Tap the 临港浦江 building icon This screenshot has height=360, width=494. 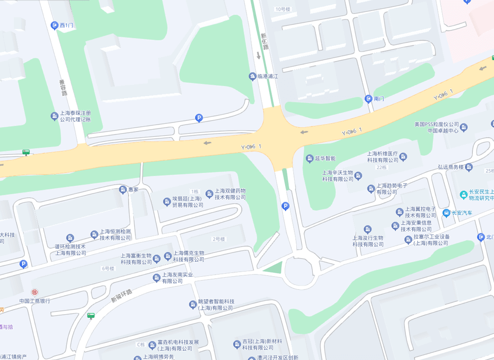(252, 77)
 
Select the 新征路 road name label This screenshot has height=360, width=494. (264, 42)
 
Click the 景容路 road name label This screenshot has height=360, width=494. (63, 87)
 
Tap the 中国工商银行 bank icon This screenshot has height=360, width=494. (35, 292)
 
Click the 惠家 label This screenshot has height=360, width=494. (133, 190)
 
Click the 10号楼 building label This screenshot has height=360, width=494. (283, 9)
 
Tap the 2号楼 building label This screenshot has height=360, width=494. (219, 239)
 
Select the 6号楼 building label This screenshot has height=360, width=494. (108, 268)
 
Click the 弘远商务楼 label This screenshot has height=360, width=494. (450, 167)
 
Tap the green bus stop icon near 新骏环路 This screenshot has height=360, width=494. (91, 315)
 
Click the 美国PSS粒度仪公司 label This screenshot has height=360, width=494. (436, 124)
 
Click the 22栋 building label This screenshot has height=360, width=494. (381, 167)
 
